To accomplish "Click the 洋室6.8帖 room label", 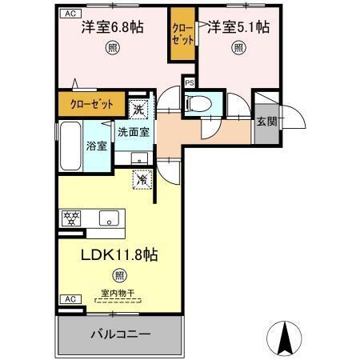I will (112, 27).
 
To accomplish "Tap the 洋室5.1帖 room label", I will (238, 27).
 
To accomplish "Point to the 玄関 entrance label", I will (267, 122).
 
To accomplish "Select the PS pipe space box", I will (190, 82).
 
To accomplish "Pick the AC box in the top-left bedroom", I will (68, 14).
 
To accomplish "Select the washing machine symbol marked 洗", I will (139, 109).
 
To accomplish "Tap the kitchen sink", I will (109, 217).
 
